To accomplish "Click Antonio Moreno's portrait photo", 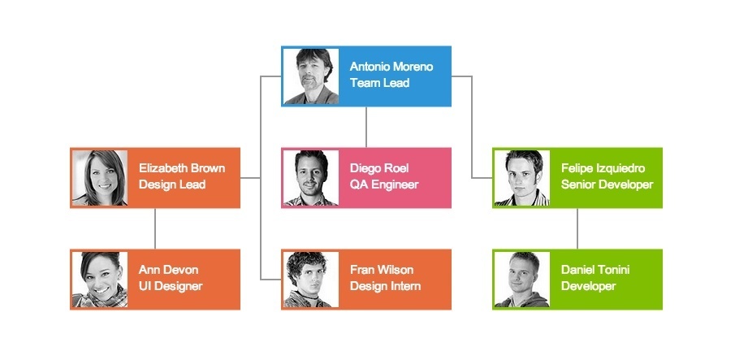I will [x=311, y=76].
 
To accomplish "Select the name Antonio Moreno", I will [x=391, y=67].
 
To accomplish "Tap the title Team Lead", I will [x=379, y=83].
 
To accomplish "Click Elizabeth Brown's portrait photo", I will [x=100, y=178].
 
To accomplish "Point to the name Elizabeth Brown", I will [x=182, y=168].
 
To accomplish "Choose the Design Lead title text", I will [x=172, y=184].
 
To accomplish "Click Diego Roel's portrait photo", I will [x=311, y=178].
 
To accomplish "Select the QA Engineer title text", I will [x=384, y=184].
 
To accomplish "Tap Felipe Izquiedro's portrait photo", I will [x=522, y=178].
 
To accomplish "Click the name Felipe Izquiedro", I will [x=603, y=168].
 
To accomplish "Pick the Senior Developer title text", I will [x=607, y=184].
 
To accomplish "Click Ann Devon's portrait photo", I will [x=100, y=280].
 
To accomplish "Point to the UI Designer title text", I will [x=171, y=286].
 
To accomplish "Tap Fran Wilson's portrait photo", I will [x=311, y=280].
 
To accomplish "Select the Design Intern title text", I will [x=385, y=286].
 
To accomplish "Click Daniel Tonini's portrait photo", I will [x=522, y=280].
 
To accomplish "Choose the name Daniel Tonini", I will [x=595, y=270].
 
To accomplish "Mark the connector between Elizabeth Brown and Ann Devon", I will [x=155, y=228].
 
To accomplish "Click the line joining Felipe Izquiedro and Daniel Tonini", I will [x=577, y=228].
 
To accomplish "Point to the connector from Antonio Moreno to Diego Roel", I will [x=366, y=127].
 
